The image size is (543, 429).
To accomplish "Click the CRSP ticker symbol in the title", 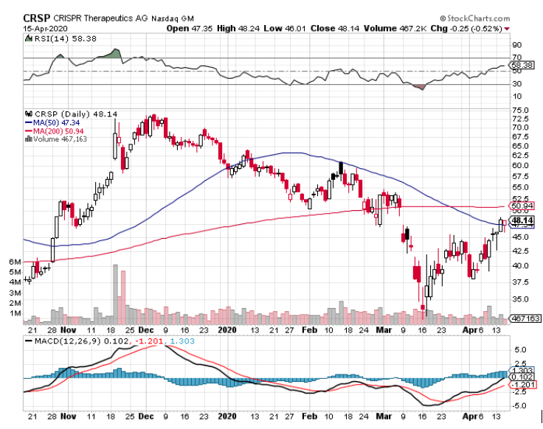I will (x=37, y=17).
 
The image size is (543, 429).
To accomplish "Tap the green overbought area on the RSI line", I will (x=114, y=54).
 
